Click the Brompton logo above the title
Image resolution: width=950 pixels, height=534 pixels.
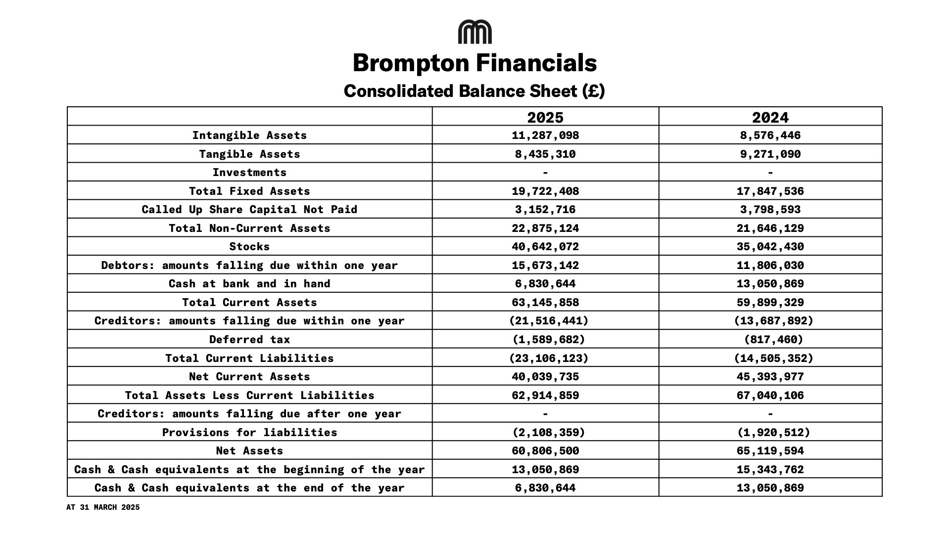[x=475, y=32]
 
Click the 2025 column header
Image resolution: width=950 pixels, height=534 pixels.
[x=545, y=117]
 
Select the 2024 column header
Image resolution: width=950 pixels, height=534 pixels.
[x=770, y=117]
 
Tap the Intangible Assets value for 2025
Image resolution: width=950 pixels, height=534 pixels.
[x=545, y=135]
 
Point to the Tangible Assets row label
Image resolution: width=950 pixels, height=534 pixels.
[x=249, y=154]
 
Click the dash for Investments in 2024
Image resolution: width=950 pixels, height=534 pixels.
[x=770, y=173]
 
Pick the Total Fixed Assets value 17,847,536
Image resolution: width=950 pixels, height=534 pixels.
[x=770, y=191]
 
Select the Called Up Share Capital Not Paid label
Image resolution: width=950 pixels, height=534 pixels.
[x=249, y=210]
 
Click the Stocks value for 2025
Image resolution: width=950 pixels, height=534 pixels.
[x=545, y=247]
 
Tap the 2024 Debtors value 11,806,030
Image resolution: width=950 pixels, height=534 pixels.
[x=770, y=266]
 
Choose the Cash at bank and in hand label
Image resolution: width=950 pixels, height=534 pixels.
[x=249, y=284]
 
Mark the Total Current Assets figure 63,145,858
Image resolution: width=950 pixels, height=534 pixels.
[x=545, y=303]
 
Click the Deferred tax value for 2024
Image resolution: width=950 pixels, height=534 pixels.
[x=773, y=340]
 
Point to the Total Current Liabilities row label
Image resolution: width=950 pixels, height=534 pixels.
[x=249, y=358]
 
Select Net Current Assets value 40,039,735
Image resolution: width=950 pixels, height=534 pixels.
[x=545, y=377]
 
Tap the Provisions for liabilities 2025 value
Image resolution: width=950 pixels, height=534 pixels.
[x=548, y=433]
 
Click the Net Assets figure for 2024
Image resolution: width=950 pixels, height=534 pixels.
[x=770, y=451]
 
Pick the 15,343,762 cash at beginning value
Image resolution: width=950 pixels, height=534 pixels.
[x=770, y=470]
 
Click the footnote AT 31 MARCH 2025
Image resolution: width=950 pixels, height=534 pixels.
[x=103, y=507]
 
